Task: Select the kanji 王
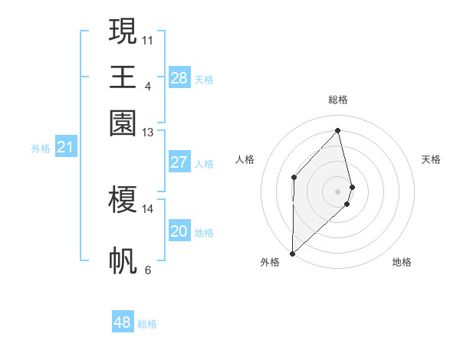(x=123, y=77)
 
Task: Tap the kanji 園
(x=123, y=123)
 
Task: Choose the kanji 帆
(x=123, y=260)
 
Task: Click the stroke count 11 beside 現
(x=148, y=38)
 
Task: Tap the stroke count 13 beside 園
(x=148, y=133)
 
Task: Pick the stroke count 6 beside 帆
(x=148, y=270)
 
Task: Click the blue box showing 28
(x=179, y=78)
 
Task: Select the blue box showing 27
(x=179, y=162)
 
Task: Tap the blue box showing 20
(x=179, y=231)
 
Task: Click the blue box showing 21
(x=65, y=148)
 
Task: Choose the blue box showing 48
(x=123, y=322)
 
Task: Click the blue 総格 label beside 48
(x=147, y=324)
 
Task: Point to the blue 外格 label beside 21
(x=41, y=149)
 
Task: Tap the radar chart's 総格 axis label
(x=337, y=100)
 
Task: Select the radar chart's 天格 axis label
(x=432, y=159)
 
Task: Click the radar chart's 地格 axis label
(x=402, y=262)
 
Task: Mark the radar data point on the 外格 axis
(x=292, y=252)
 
